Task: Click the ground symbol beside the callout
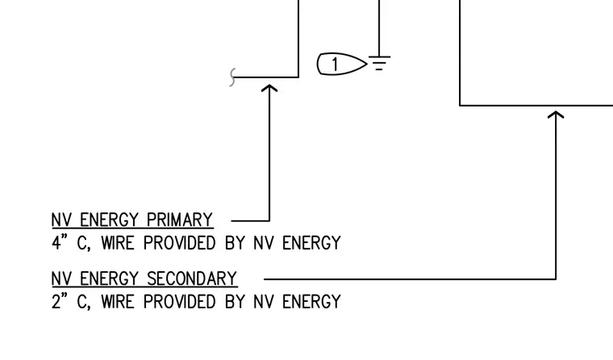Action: coord(379,63)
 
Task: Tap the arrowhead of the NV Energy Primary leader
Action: coord(269,88)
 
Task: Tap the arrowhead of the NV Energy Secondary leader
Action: coord(556,115)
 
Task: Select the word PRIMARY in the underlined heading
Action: coord(179,220)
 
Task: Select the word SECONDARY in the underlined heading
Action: coord(192,278)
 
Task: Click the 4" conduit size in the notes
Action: coord(60,243)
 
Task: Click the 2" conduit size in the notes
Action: coord(60,301)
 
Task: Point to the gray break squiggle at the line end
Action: coord(232,77)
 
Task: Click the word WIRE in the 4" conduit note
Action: coord(118,243)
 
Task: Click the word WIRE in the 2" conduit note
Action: coord(118,302)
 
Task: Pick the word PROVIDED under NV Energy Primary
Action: coord(179,243)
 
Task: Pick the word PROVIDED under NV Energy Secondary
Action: coord(179,302)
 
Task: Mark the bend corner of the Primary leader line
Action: coord(269,220)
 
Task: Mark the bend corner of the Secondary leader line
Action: coord(556,279)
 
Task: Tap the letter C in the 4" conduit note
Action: coord(81,243)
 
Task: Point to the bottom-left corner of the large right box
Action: coord(460,105)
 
